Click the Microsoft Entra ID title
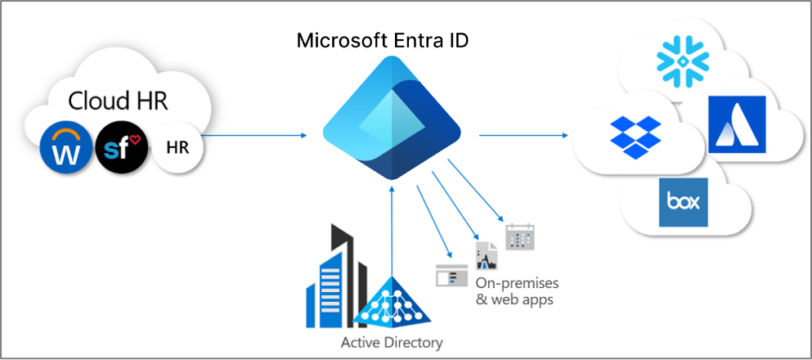(383, 40)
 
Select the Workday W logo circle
(65, 146)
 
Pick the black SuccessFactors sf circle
(121, 146)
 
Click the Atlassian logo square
(737, 124)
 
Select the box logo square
(682, 201)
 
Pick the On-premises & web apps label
(517, 291)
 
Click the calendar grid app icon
(518, 236)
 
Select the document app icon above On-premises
(487, 258)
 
